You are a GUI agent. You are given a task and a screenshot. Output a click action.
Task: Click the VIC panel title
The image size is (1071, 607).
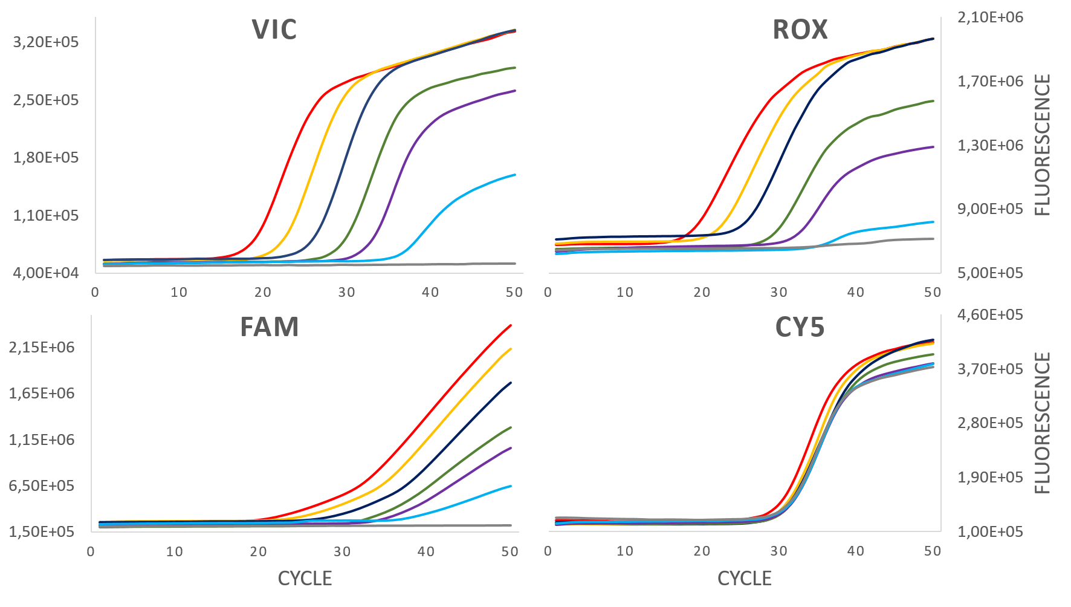[x=274, y=30]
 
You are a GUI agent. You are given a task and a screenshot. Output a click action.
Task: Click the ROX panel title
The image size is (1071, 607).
[x=800, y=30]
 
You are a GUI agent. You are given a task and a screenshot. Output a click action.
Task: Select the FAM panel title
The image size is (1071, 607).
[x=270, y=328]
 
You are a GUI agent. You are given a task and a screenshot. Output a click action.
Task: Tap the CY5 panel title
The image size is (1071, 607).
[x=800, y=328]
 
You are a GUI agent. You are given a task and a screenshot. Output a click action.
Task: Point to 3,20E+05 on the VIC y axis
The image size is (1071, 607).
[x=46, y=42]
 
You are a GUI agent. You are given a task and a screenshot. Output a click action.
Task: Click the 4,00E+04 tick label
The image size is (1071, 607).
[x=46, y=273]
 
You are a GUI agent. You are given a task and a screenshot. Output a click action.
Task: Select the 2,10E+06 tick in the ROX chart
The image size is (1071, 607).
[x=990, y=17]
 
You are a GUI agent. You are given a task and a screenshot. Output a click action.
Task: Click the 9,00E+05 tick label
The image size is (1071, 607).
[x=990, y=209]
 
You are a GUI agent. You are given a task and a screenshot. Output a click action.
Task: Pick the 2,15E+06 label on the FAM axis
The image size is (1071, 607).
[x=42, y=347]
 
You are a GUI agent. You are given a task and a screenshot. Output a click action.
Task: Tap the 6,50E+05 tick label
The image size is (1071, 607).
[x=42, y=485]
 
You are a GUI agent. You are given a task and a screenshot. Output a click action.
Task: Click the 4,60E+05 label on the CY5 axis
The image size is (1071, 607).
[x=990, y=314]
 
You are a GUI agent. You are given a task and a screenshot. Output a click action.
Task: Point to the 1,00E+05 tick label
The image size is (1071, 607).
[x=990, y=531]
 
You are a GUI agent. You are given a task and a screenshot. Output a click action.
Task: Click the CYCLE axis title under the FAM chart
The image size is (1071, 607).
[x=305, y=579]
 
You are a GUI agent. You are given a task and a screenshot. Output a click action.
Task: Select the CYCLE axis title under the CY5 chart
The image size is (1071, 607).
[x=744, y=579]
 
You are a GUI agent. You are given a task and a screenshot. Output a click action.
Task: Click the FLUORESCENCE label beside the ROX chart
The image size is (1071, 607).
[x=1043, y=144]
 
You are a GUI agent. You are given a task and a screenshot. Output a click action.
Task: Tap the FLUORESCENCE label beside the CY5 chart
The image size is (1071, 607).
[x=1043, y=423]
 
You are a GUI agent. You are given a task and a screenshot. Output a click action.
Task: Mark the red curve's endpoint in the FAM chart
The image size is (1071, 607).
[x=511, y=325]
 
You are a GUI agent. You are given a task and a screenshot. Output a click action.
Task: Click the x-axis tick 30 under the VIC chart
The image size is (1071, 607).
[x=346, y=293]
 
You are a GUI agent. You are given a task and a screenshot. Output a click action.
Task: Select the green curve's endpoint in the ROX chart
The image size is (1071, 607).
[x=933, y=101]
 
